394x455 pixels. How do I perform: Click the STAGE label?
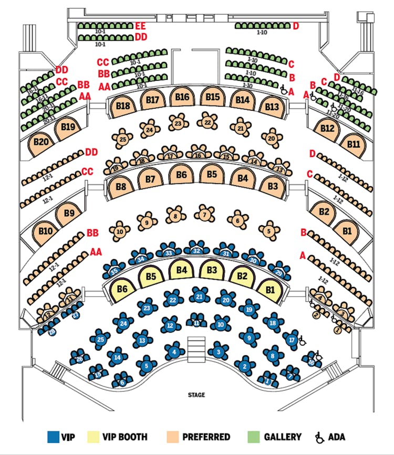[x=196, y=395]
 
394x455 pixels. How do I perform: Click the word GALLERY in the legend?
[x=283, y=437]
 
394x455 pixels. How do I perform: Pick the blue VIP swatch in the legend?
[x=53, y=437]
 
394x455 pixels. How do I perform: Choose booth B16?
[x=183, y=97]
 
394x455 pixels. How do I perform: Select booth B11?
[x=354, y=144]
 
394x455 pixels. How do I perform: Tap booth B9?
[x=69, y=213]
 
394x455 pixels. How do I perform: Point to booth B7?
[x=151, y=179]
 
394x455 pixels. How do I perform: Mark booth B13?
[x=272, y=107]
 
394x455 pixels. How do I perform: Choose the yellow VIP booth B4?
[x=182, y=270]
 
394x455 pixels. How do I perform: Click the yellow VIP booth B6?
[x=122, y=288]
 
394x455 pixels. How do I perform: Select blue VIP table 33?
[x=169, y=252]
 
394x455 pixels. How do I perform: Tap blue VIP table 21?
[x=199, y=297]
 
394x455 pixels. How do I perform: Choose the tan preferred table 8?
[x=176, y=216]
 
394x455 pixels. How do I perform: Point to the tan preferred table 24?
[x=150, y=129]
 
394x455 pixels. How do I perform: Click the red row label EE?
[x=140, y=26]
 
